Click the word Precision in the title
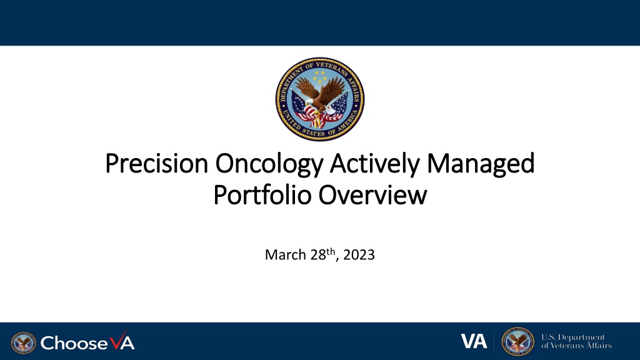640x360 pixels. [x=157, y=163]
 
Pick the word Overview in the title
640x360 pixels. [x=372, y=195]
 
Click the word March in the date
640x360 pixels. [x=285, y=255]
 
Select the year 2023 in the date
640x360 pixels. [x=359, y=255]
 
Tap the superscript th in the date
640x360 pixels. [x=331, y=251]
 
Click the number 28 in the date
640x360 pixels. [x=318, y=255]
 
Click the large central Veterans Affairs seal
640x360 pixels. [x=320, y=99]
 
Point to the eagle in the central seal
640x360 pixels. [x=321, y=96]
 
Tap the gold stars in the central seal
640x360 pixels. [x=320, y=76]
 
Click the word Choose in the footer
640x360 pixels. [x=74, y=343]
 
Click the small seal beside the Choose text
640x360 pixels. [x=23, y=343]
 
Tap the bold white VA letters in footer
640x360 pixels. [x=474, y=341]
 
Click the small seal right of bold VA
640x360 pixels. [x=517, y=341]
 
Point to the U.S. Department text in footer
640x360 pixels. [x=573, y=337]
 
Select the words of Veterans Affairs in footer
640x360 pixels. [x=576, y=346]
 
